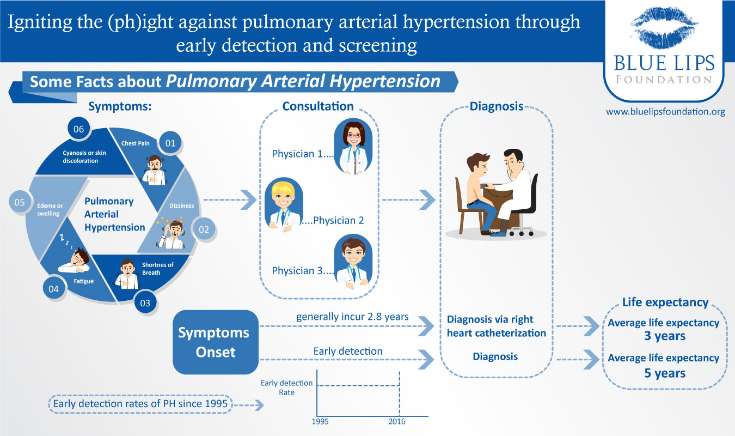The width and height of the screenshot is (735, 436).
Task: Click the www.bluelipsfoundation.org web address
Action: [665, 112]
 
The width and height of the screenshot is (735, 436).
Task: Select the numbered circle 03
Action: [145, 303]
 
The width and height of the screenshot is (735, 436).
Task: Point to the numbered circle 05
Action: [20, 202]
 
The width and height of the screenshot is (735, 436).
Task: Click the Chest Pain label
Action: [136, 143]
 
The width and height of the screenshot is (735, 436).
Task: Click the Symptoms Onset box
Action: [215, 342]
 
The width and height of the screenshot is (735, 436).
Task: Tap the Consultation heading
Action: [317, 106]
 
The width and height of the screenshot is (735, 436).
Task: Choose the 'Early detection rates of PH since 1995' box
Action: [140, 404]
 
